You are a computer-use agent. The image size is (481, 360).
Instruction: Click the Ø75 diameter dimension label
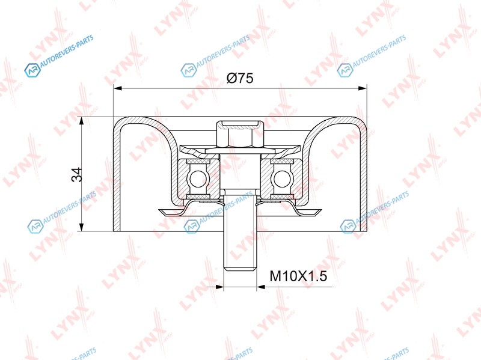point(240,78)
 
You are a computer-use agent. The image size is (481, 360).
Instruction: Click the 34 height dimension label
point(77,174)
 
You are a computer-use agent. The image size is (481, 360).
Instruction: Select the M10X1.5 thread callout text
point(298,276)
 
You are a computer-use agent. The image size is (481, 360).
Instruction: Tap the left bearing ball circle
point(198,178)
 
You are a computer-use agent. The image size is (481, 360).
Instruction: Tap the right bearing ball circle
point(282,178)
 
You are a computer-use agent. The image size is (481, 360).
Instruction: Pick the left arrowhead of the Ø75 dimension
point(118,88)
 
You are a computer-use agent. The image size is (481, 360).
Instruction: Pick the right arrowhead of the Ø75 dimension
point(363,88)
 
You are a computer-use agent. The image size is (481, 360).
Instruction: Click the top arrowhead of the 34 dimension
point(81,121)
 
